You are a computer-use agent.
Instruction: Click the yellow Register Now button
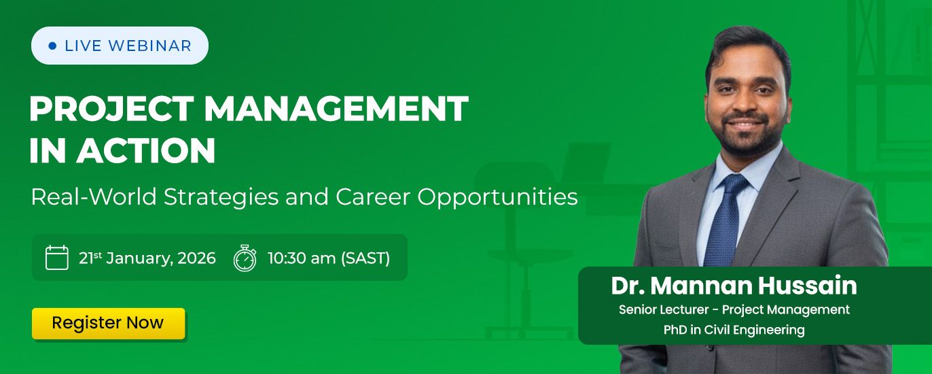click(x=108, y=324)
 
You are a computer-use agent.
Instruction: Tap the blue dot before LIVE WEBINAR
click(x=52, y=46)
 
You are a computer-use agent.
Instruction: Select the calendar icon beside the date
click(x=56, y=258)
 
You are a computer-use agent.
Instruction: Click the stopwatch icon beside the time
click(x=245, y=258)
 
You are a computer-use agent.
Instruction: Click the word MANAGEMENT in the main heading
click(x=336, y=109)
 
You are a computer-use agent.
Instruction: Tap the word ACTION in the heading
click(x=145, y=150)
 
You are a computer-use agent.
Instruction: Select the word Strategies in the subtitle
click(x=221, y=197)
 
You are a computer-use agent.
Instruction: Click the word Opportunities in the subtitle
click(x=498, y=197)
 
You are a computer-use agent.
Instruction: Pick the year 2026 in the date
click(x=197, y=258)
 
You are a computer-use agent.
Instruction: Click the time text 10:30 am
click(x=302, y=258)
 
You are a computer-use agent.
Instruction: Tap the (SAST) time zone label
click(x=365, y=258)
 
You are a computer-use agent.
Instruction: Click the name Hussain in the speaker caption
click(x=807, y=286)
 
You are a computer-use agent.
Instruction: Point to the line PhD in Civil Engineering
click(x=734, y=330)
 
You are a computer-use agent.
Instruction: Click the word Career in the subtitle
click(x=373, y=197)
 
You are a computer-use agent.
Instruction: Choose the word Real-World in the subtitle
click(x=94, y=197)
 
